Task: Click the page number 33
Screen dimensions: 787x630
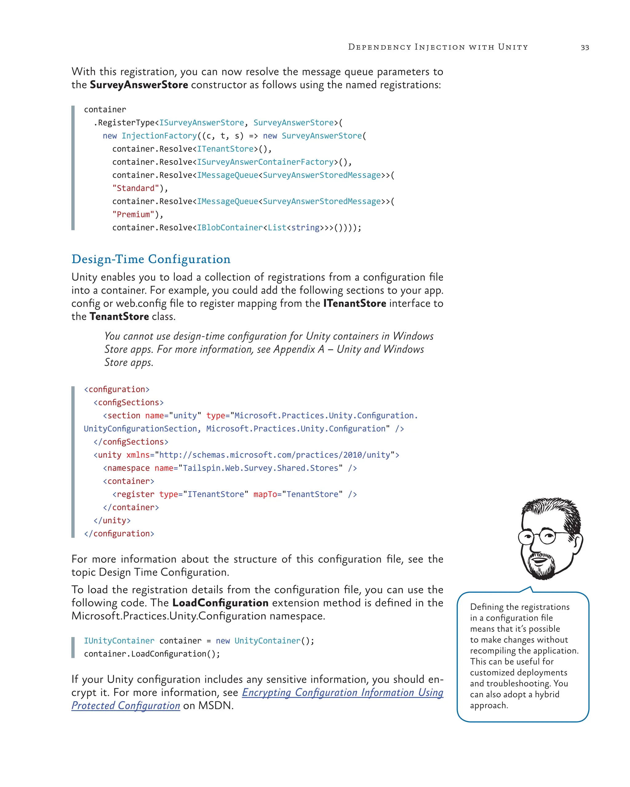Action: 584,47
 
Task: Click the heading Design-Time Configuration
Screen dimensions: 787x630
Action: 151,259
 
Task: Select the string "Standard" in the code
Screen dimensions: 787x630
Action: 135,188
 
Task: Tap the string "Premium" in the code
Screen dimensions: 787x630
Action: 133,215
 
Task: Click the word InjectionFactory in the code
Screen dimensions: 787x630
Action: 159,136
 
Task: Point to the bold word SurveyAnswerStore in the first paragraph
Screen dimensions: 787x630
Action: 139,85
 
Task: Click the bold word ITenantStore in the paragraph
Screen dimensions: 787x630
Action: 354,303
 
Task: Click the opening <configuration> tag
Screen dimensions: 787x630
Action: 117,390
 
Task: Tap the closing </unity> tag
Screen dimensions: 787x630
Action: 112,520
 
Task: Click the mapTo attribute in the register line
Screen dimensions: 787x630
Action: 265,494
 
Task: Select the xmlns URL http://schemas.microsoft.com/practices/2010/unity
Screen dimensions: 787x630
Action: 275,455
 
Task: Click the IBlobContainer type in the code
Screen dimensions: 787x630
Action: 229,228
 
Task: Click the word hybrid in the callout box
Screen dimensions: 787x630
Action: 547,694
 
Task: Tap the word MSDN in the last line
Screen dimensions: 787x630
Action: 215,706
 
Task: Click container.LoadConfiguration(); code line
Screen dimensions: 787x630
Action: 152,654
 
